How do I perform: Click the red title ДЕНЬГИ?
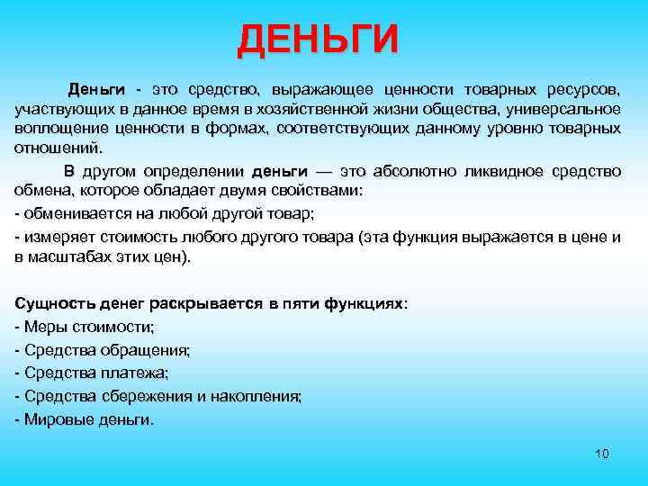(x=318, y=41)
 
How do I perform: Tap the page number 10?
(x=602, y=454)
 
